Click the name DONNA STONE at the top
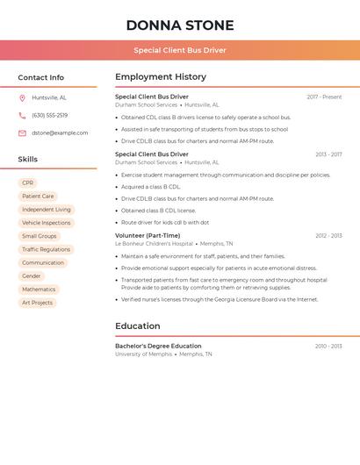tap(180, 25)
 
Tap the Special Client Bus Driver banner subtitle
tap(180, 50)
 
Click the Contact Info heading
tap(40, 77)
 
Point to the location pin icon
tap(22, 97)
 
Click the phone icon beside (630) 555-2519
tap(22, 115)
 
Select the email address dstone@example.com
tap(60, 132)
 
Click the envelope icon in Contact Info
tap(22, 132)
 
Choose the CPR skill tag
tap(28, 183)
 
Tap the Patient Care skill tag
tap(38, 197)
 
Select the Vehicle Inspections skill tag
tap(46, 223)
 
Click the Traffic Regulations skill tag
tap(46, 249)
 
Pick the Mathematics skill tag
tap(39, 289)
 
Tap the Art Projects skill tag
tap(37, 303)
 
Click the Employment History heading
tap(161, 77)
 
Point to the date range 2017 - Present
tap(324, 97)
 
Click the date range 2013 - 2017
tap(328, 154)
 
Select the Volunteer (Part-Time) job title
tap(148, 235)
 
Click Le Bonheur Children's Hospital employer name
tap(154, 244)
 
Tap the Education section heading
tap(137, 326)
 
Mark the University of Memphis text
tap(143, 354)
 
